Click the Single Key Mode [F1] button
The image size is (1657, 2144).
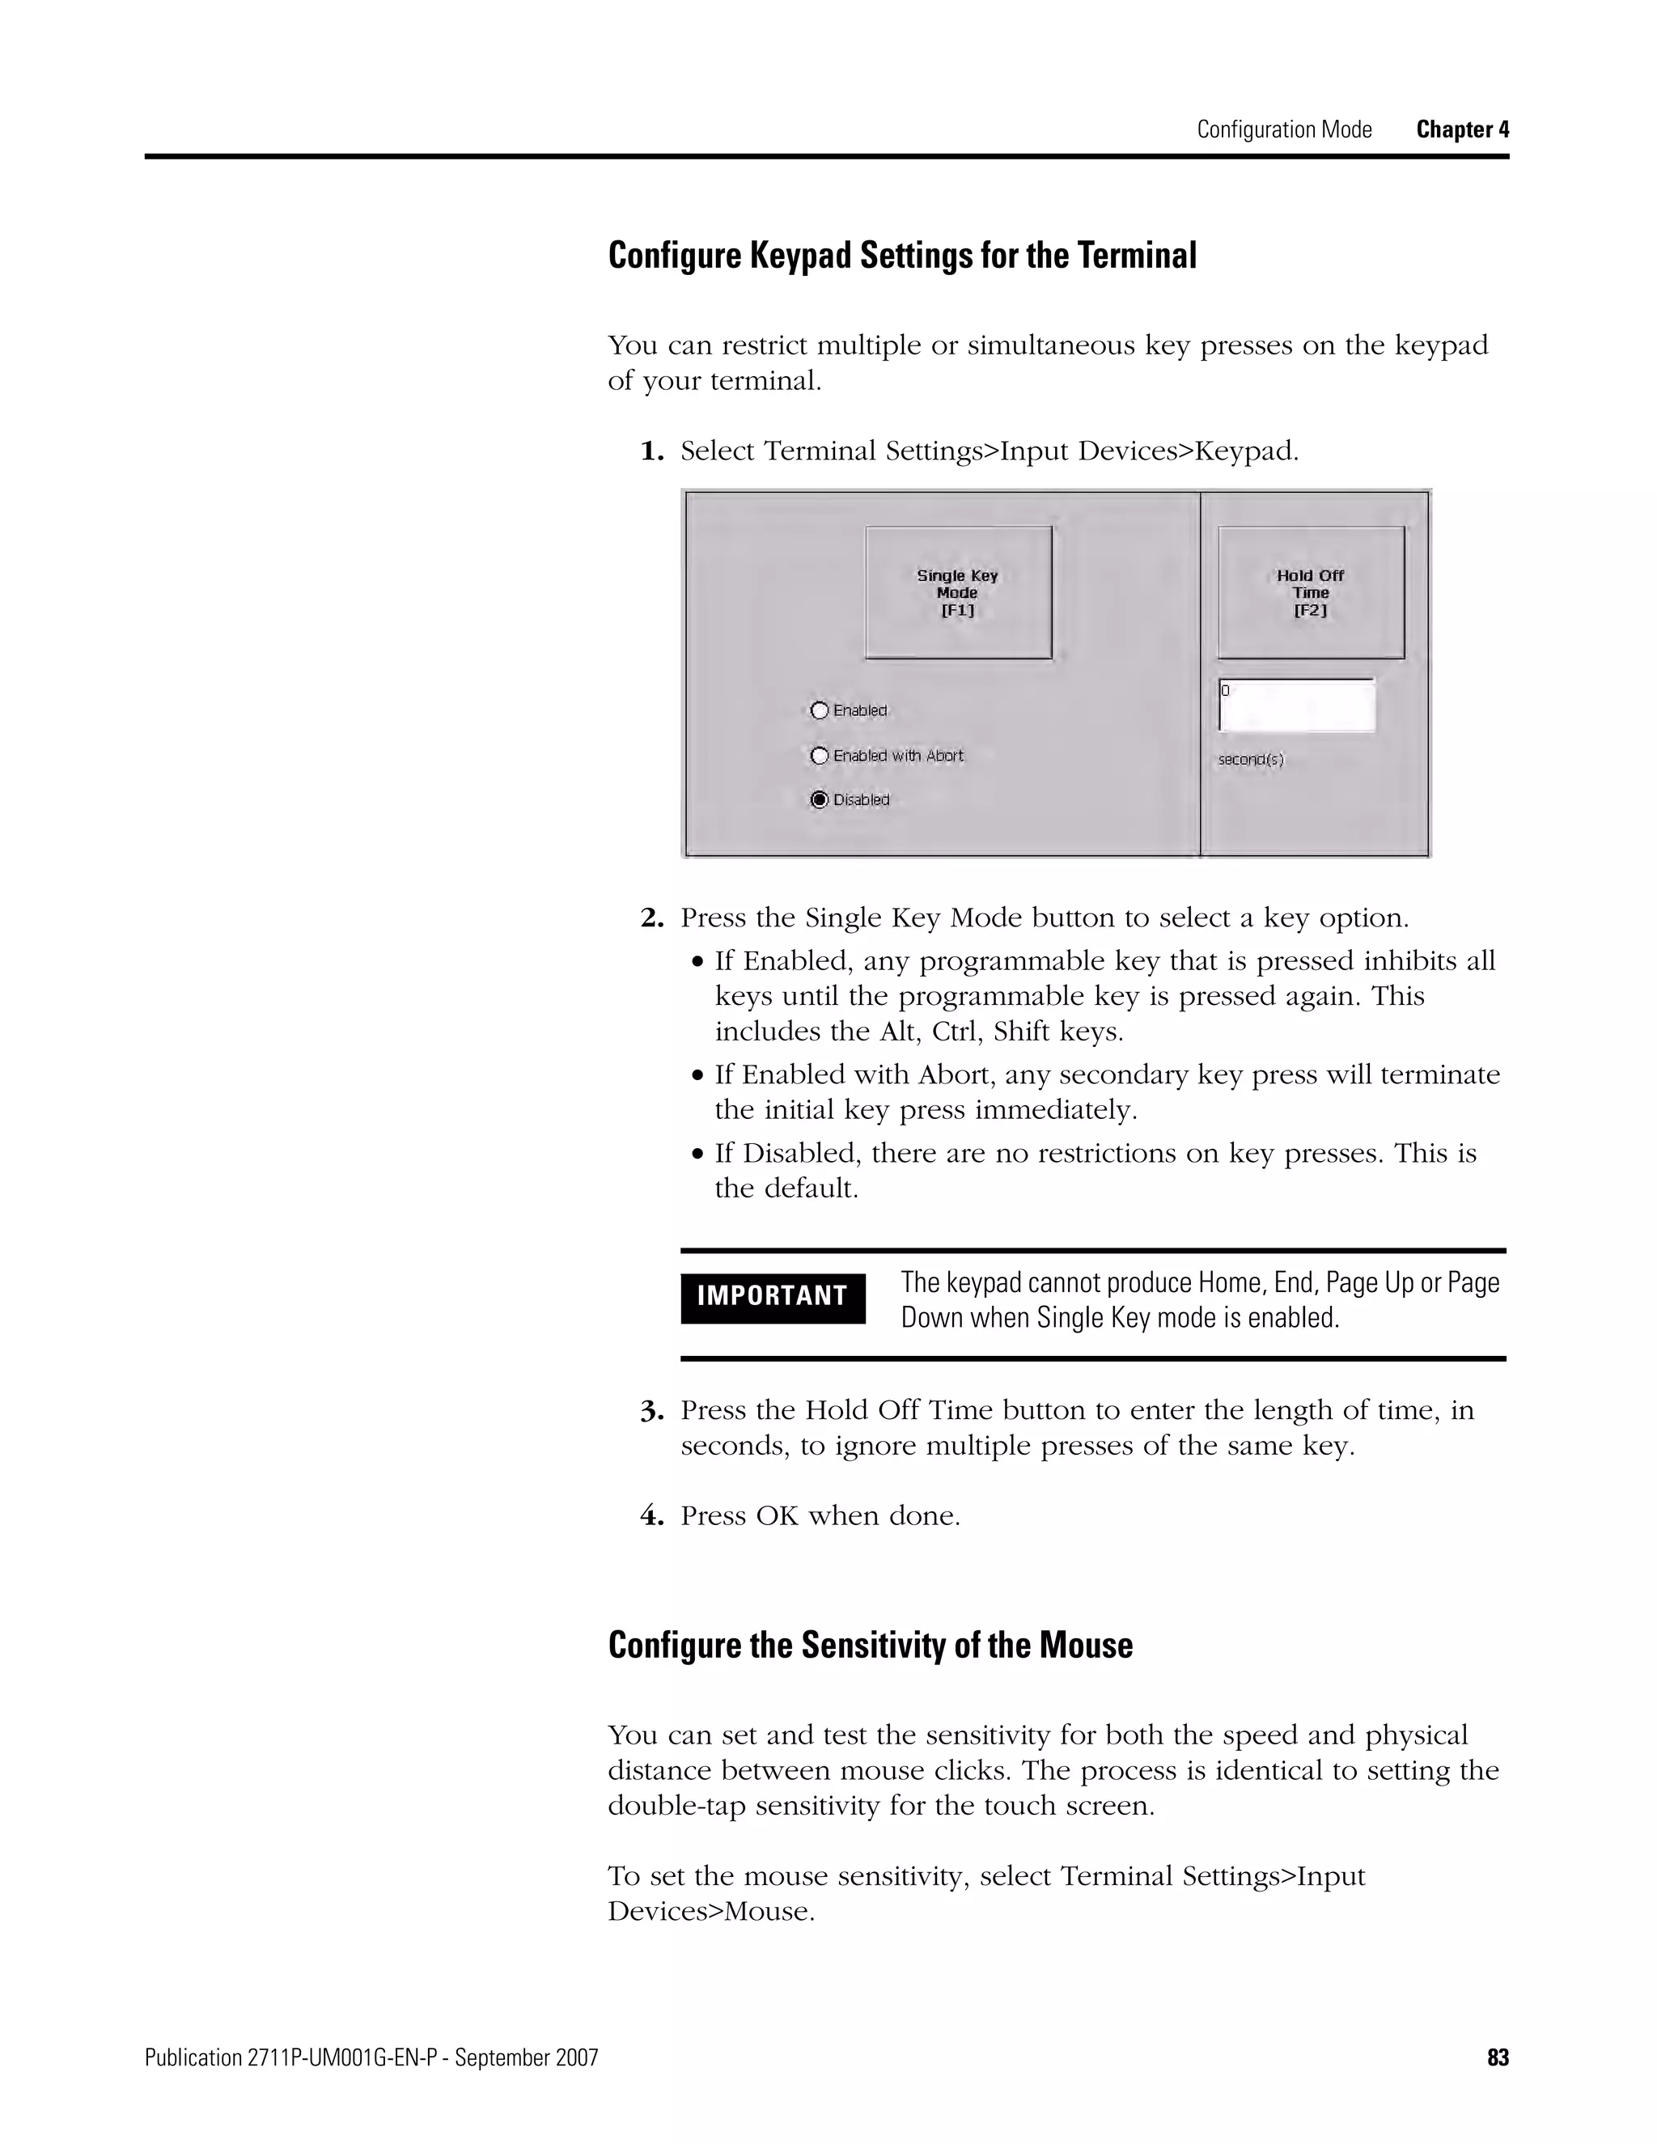958,592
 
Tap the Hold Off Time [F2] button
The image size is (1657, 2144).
1311,592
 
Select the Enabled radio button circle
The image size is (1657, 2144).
820,710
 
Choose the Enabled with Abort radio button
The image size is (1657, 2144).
820,755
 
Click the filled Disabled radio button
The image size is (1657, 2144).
820,799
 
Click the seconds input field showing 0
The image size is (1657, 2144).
1297,705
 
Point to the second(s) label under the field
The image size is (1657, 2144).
1251,760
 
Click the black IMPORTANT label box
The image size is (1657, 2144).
773,1297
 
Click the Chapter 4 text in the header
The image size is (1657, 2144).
1462,129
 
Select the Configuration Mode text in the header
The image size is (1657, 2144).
1284,129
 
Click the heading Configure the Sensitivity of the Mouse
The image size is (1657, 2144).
870,1646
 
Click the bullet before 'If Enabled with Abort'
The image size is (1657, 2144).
698,1076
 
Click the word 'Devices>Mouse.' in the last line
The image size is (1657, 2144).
710,1913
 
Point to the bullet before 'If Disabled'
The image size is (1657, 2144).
698,1155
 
